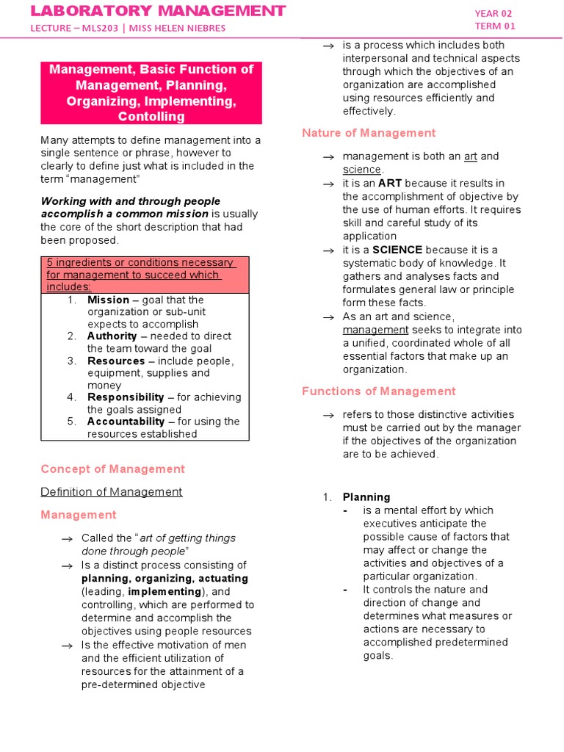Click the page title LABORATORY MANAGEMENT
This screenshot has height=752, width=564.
pyautogui.click(x=157, y=10)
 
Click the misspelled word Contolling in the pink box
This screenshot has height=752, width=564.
pyautogui.click(x=151, y=117)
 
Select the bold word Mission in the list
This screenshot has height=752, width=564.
pyautogui.click(x=108, y=300)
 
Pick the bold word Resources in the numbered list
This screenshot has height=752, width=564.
pyautogui.click(x=116, y=361)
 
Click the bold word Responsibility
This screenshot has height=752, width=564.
pyautogui.click(x=126, y=397)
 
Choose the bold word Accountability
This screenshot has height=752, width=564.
pyautogui.click(x=126, y=422)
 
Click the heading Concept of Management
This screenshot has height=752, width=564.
pyautogui.click(x=112, y=469)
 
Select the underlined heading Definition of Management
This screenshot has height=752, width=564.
pyautogui.click(x=111, y=492)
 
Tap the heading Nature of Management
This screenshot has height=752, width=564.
pyautogui.click(x=369, y=133)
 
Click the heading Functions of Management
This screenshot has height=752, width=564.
pyautogui.click(x=378, y=391)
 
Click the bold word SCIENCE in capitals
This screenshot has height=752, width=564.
pyautogui.click(x=397, y=250)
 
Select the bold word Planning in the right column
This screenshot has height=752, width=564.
pyautogui.click(x=366, y=497)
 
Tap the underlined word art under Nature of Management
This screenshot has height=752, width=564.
pyautogui.click(x=471, y=156)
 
